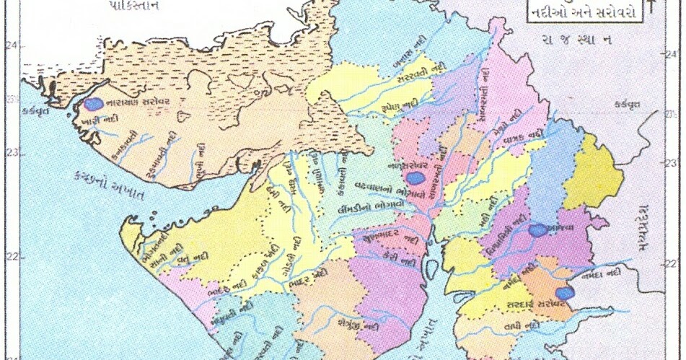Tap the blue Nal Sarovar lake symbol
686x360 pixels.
coord(415,178)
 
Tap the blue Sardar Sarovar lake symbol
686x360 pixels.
coord(567,293)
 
